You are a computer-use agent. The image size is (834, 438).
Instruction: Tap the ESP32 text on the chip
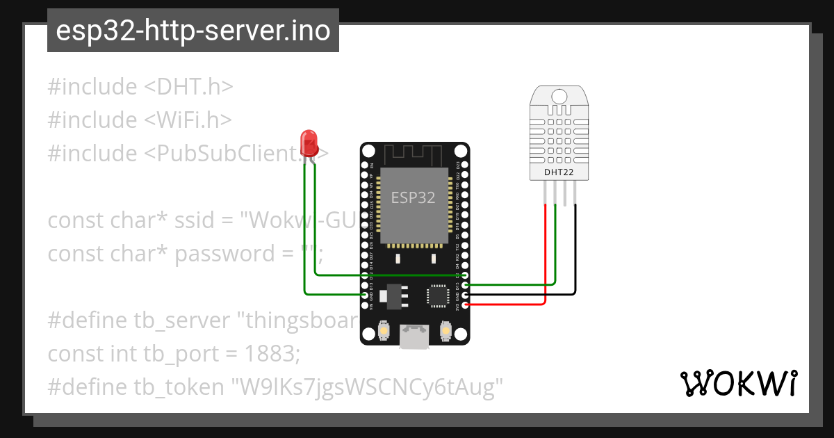[413, 197]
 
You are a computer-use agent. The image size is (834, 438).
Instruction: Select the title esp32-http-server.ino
[193, 31]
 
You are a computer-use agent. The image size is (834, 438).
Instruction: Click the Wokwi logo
[738, 383]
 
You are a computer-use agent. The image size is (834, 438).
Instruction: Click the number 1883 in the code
[272, 353]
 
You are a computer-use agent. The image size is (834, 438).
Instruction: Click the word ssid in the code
[193, 221]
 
